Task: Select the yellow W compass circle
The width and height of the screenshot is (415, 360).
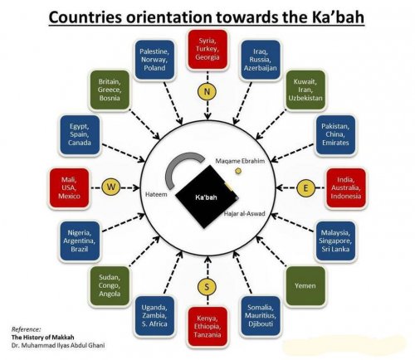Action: point(110,187)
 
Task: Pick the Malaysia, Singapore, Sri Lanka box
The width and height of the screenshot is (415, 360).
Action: point(339,241)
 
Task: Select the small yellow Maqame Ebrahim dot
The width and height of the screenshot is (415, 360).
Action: point(237,170)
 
